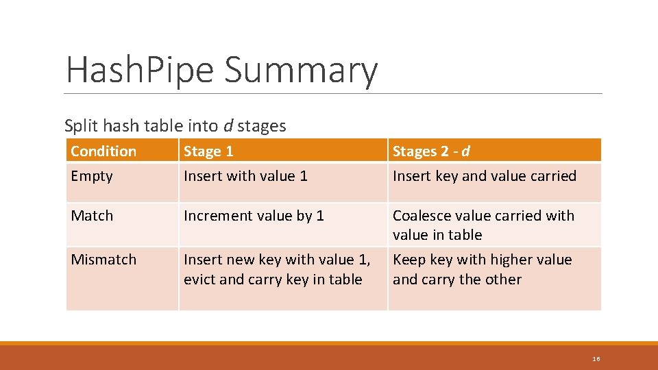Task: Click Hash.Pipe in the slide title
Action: point(141,70)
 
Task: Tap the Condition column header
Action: point(103,151)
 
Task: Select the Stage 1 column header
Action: point(208,151)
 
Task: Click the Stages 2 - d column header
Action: point(431,151)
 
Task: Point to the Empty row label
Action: point(91,176)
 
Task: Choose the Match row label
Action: point(92,216)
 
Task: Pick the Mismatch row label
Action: point(103,260)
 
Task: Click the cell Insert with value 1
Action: point(245,176)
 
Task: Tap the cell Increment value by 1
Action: point(254,216)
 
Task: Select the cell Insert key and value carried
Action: point(484,176)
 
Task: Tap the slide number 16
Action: point(596,359)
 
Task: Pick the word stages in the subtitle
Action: point(261,127)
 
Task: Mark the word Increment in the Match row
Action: point(214,216)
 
